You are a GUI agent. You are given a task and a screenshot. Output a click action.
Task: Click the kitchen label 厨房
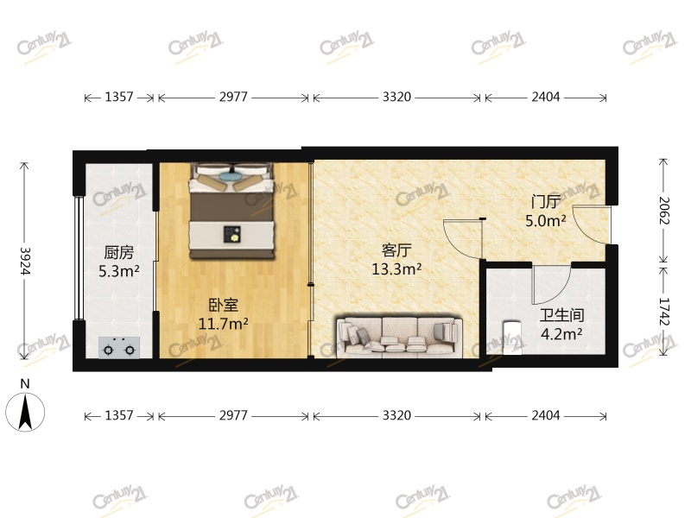point(118,252)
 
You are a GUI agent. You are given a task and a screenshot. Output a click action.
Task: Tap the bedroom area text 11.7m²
point(223,325)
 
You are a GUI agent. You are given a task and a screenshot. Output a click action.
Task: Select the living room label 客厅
point(396,250)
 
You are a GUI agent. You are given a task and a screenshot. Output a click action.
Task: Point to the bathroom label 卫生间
point(562,315)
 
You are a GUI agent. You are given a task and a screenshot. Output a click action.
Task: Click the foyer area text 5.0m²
point(546,220)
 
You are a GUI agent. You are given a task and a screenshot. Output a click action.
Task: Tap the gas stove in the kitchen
point(119,348)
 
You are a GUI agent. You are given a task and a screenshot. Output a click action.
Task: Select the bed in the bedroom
point(232,211)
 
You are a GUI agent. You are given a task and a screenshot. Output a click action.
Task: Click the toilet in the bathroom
point(512,336)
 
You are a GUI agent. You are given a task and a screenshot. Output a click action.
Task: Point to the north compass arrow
point(25,412)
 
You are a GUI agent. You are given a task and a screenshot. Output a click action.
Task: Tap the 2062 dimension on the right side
point(663,211)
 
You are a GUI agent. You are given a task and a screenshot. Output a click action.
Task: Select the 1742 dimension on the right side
point(663,312)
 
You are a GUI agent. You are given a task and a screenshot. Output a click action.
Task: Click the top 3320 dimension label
point(396,97)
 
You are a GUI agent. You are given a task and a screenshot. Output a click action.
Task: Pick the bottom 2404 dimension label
point(546,415)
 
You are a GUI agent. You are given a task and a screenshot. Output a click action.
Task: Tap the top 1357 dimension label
point(119,97)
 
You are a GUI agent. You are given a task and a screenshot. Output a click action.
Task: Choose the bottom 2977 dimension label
point(233,415)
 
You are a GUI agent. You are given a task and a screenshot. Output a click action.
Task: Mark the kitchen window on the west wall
point(79,257)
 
